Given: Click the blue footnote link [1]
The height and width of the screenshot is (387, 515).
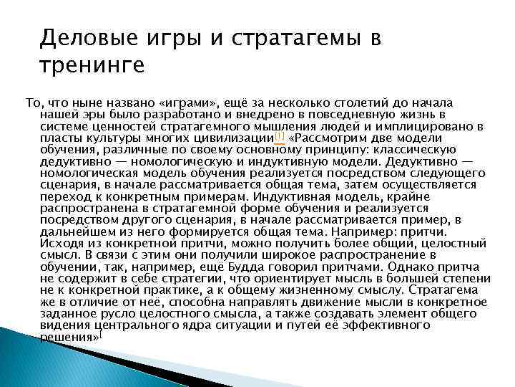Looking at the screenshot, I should (x=280, y=136).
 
